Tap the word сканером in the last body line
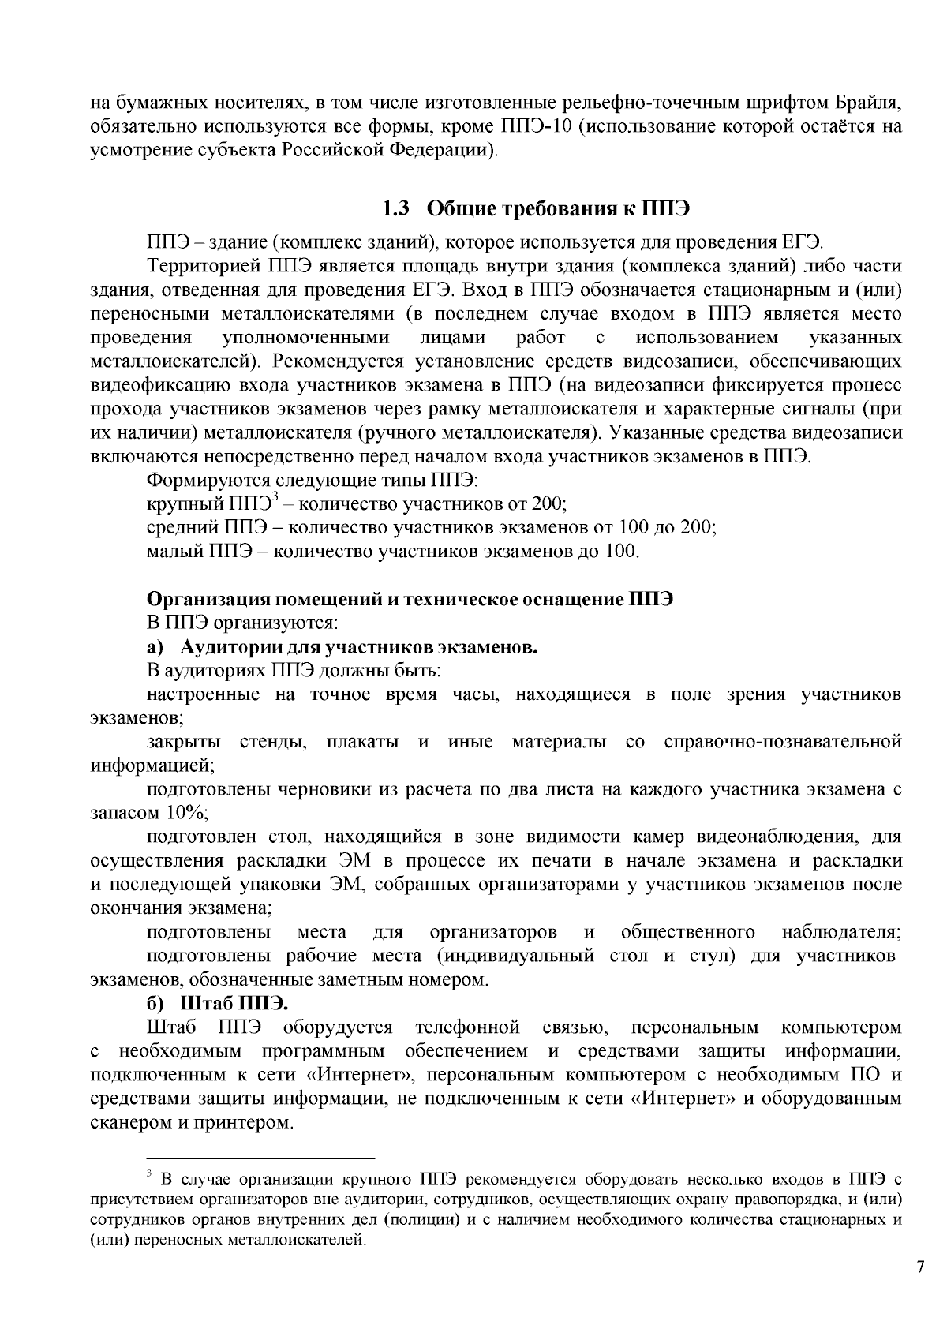click(x=125, y=1122)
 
